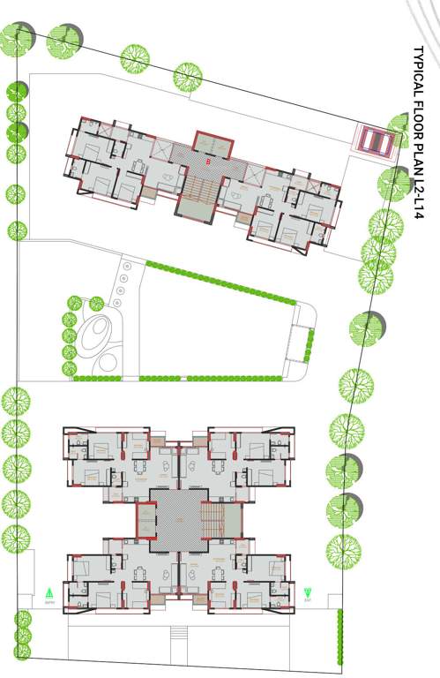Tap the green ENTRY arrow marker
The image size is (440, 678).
click(50, 594)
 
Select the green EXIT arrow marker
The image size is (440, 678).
click(308, 594)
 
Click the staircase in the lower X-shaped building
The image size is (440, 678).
click(212, 515)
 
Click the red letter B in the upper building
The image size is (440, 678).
click(207, 162)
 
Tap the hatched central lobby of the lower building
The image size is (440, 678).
click(176, 521)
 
